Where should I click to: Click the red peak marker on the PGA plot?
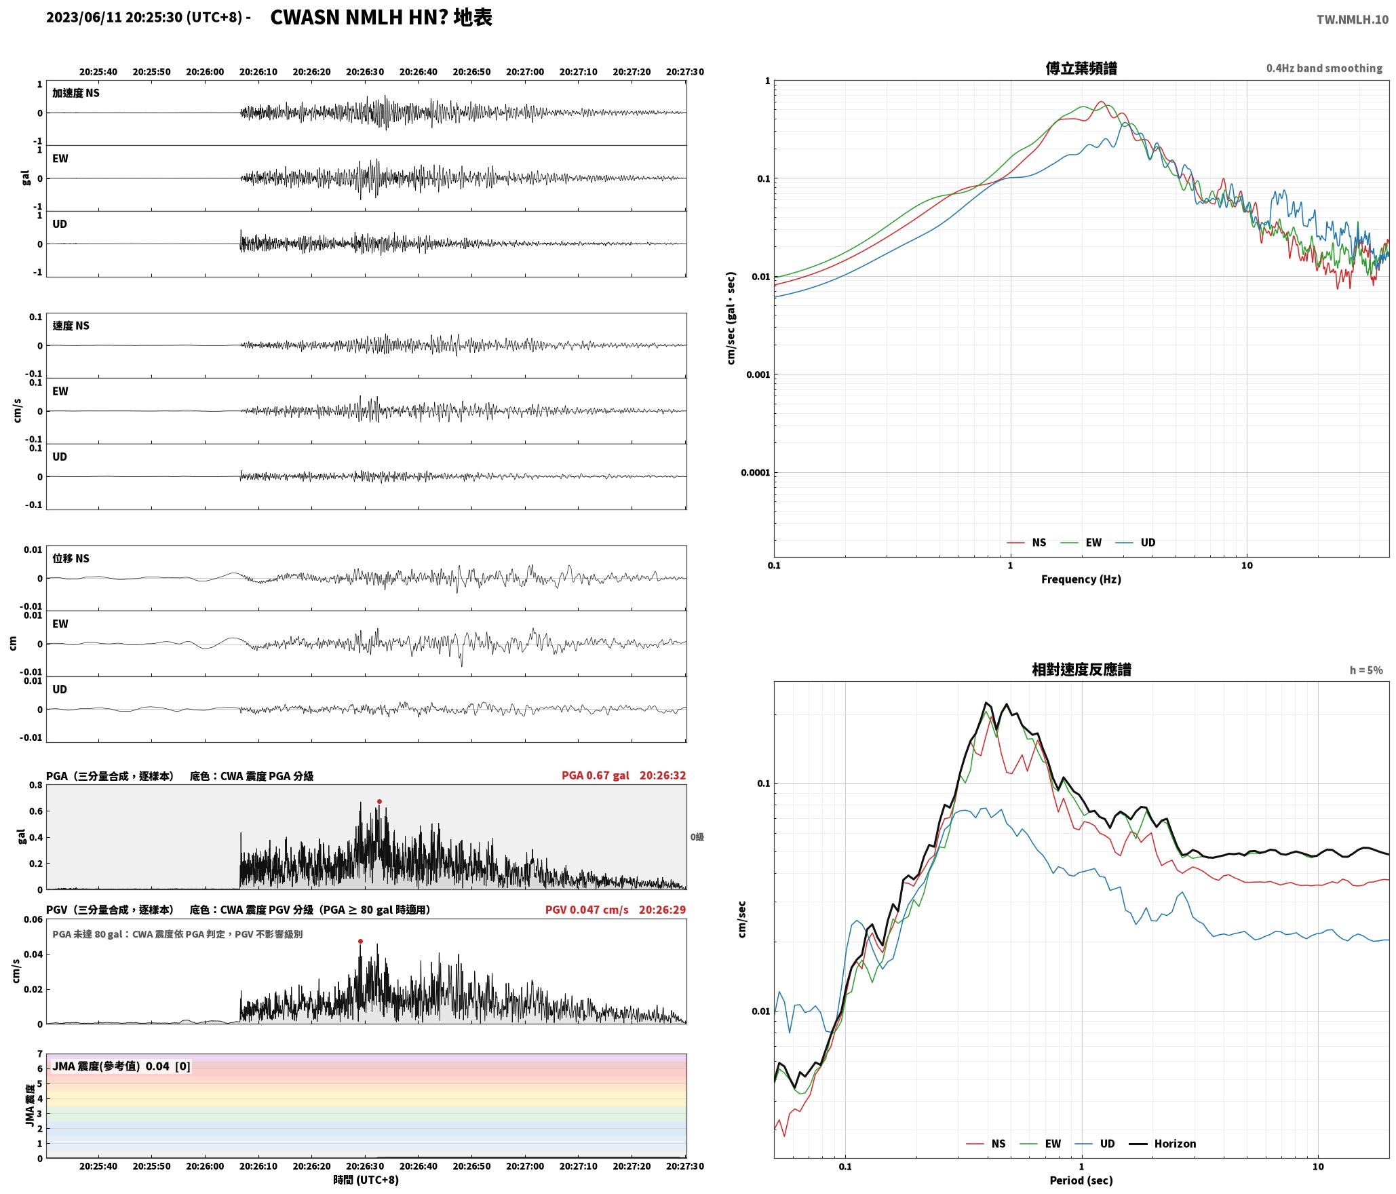point(379,802)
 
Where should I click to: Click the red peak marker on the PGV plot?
point(360,942)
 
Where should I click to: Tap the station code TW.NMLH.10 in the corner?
point(1352,20)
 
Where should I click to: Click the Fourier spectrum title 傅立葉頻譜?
point(1081,69)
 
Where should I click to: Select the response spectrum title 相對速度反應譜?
point(1081,670)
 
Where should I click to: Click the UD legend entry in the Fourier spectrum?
point(1136,543)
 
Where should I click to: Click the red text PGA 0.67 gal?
point(595,775)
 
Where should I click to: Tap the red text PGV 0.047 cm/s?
point(587,910)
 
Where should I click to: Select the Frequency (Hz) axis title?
point(1081,579)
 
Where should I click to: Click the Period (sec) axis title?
point(1081,1180)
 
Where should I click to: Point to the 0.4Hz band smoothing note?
point(1324,69)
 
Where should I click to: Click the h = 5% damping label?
point(1365,670)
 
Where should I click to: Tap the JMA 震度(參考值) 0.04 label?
point(111,1066)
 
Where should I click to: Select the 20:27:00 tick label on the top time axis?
point(524,72)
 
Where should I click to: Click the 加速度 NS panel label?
point(76,94)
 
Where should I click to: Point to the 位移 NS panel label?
point(71,559)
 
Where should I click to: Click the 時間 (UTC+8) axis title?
point(366,1180)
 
